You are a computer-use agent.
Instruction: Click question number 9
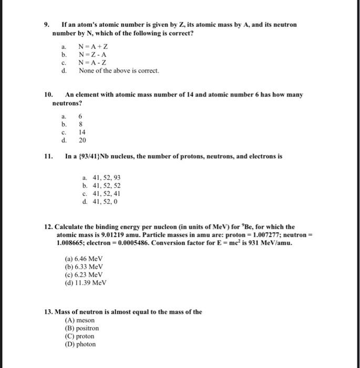click(46, 25)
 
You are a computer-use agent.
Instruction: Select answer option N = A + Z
click(90, 47)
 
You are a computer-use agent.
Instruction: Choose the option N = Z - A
click(89, 55)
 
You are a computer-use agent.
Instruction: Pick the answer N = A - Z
click(89, 63)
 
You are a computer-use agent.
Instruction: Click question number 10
click(49, 95)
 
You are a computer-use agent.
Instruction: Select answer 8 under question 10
click(80, 125)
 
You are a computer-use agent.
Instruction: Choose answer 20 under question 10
click(83, 140)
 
